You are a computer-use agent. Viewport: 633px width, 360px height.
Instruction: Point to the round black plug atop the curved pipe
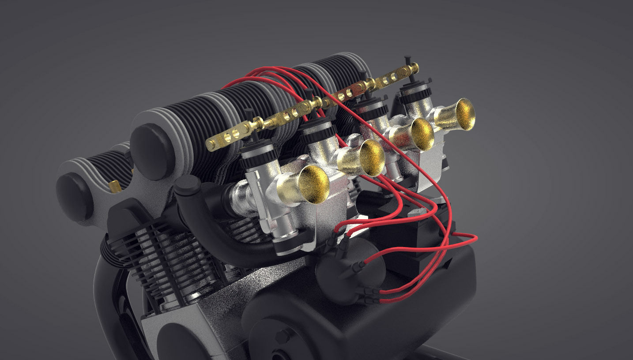pyautogui.click(x=187, y=186)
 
